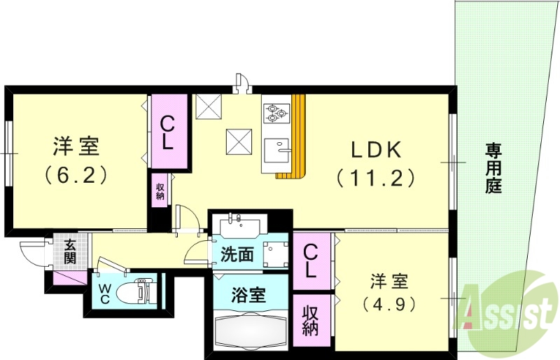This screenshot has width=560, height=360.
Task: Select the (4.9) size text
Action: coord(390,305)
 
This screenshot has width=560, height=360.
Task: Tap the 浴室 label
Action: coord(248,294)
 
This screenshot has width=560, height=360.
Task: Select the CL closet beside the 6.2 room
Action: coord(167,132)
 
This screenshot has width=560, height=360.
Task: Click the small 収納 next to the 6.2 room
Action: coord(160,191)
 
